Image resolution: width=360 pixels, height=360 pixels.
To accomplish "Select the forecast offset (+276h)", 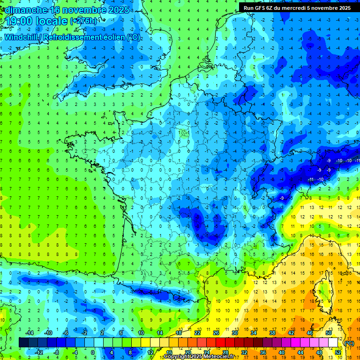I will click(x=83, y=22).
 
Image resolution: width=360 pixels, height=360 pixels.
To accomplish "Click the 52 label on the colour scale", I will click(x=337, y=352).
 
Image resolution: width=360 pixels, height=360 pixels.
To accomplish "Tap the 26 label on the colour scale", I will click(x=216, y=332).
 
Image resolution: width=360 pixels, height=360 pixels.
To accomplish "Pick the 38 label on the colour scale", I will click(x=272, y=332).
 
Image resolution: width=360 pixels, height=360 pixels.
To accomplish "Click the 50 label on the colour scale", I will click(x=328, y=332).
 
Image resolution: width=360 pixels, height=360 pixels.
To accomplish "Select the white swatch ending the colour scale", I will click(x=333, y=343).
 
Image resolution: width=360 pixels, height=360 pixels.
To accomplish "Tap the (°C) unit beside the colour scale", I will click(x=349, y=343).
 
